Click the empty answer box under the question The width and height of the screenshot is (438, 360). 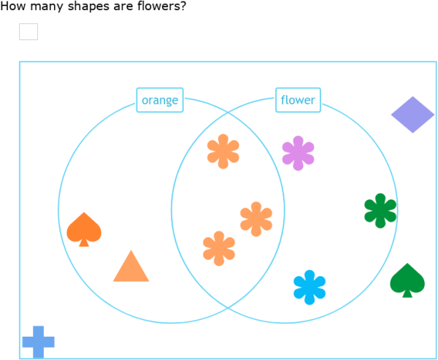28,31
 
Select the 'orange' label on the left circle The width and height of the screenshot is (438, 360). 160,101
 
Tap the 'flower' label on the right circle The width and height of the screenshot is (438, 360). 298,101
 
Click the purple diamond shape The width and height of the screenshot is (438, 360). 412,115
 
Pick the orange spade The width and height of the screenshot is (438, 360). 84,228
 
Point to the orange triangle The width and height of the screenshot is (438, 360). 131,268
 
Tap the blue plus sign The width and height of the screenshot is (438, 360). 38,342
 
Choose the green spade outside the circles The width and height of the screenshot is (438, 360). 407,279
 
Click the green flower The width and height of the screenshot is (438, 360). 380,210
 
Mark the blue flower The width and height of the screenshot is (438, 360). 309,287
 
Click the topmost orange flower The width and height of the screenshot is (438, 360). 223,151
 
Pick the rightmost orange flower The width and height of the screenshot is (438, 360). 256,219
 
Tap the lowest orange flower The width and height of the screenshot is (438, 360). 219,248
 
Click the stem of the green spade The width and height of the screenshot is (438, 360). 407,293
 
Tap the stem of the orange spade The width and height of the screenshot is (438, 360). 84,242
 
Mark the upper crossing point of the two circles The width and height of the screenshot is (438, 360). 228,113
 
